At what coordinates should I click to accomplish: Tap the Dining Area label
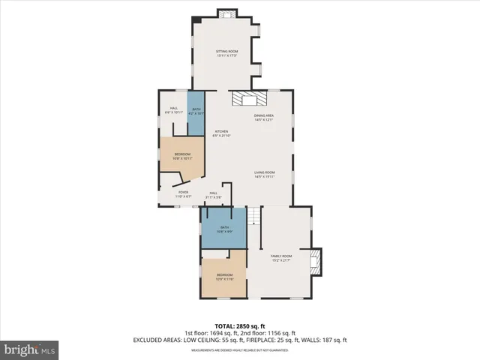263,117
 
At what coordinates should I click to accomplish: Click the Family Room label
281,257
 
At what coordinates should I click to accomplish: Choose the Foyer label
184,193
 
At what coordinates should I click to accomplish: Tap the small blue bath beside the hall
196,112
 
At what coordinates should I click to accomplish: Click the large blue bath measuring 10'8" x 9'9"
224,229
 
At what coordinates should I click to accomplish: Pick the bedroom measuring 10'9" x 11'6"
224,276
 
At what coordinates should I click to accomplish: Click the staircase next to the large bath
254,217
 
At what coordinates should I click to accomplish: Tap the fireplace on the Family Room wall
315,261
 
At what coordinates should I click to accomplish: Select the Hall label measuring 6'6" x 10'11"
173,110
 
